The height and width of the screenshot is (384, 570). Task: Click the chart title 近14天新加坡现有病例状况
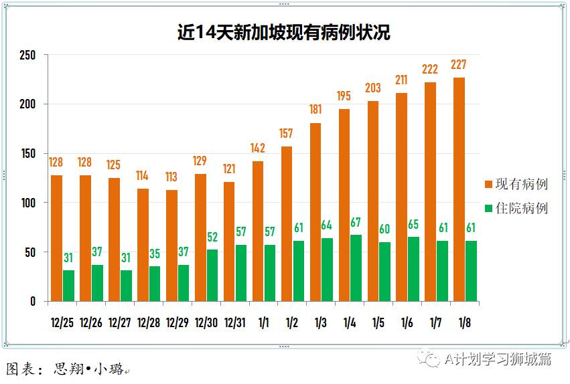pyautogui.click(x=284, y=32)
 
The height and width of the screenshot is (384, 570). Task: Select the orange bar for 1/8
pyautogui.click(x=459, y=189)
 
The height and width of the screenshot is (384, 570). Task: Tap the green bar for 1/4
pyautogui.click(x=356, y=268)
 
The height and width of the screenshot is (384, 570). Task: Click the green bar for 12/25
pyautogui.click(x=68, y=285)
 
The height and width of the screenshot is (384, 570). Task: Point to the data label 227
pyautogui.click(x=459, y=65)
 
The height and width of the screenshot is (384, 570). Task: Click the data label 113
pyautogui.click(x=171, y=177)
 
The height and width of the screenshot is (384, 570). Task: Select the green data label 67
pyautogui.click(x=356, y=222)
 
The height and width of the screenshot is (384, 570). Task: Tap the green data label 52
pyautogui.click(x=212, y=237)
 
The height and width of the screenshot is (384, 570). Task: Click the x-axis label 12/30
pyautogui.click(x=206, y=322)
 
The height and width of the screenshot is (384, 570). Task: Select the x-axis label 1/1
pyautogui.click(x=263, y=322)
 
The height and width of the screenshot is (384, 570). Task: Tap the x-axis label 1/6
pyautogui.click(x=407, y=322)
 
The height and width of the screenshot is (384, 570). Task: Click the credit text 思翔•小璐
pyautogui.click(x=88, y=369)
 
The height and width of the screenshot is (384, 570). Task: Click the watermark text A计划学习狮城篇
pyautogui.click(x=497, y=359)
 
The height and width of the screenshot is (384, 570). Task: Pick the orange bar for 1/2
pyautogui.click(x=287, y=223)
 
